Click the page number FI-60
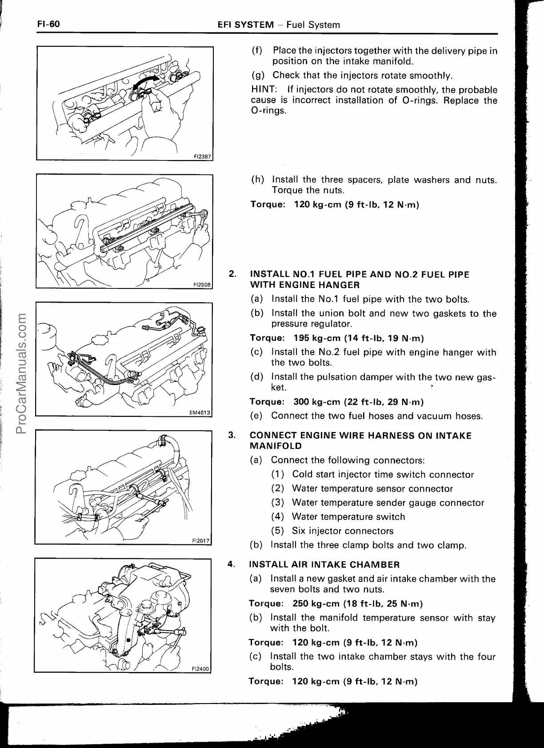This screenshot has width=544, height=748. point(48,24)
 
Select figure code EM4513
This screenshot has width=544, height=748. point(200,412)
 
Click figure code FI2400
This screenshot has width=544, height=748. point(200,668)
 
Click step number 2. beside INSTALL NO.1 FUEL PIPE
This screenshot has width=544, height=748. point(232,274)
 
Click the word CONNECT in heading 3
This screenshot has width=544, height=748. point(271,436)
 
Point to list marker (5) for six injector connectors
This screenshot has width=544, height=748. point(278,531)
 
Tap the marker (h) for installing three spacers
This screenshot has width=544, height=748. point(257,180)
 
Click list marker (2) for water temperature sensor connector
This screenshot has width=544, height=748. point(278,489)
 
